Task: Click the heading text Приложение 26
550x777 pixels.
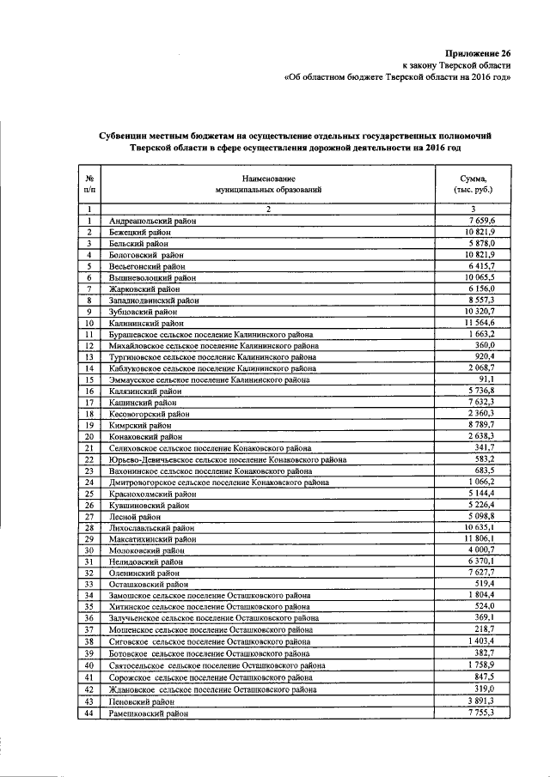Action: pos(479,52)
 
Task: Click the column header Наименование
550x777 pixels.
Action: pos(268,175)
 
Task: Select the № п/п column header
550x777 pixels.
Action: pos(89,181)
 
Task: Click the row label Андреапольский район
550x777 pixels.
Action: pos(152,221)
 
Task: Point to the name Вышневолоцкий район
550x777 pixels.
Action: pos(152,277)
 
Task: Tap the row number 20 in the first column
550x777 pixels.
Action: pos(89,435)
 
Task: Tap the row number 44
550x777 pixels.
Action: pos(89,712)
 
